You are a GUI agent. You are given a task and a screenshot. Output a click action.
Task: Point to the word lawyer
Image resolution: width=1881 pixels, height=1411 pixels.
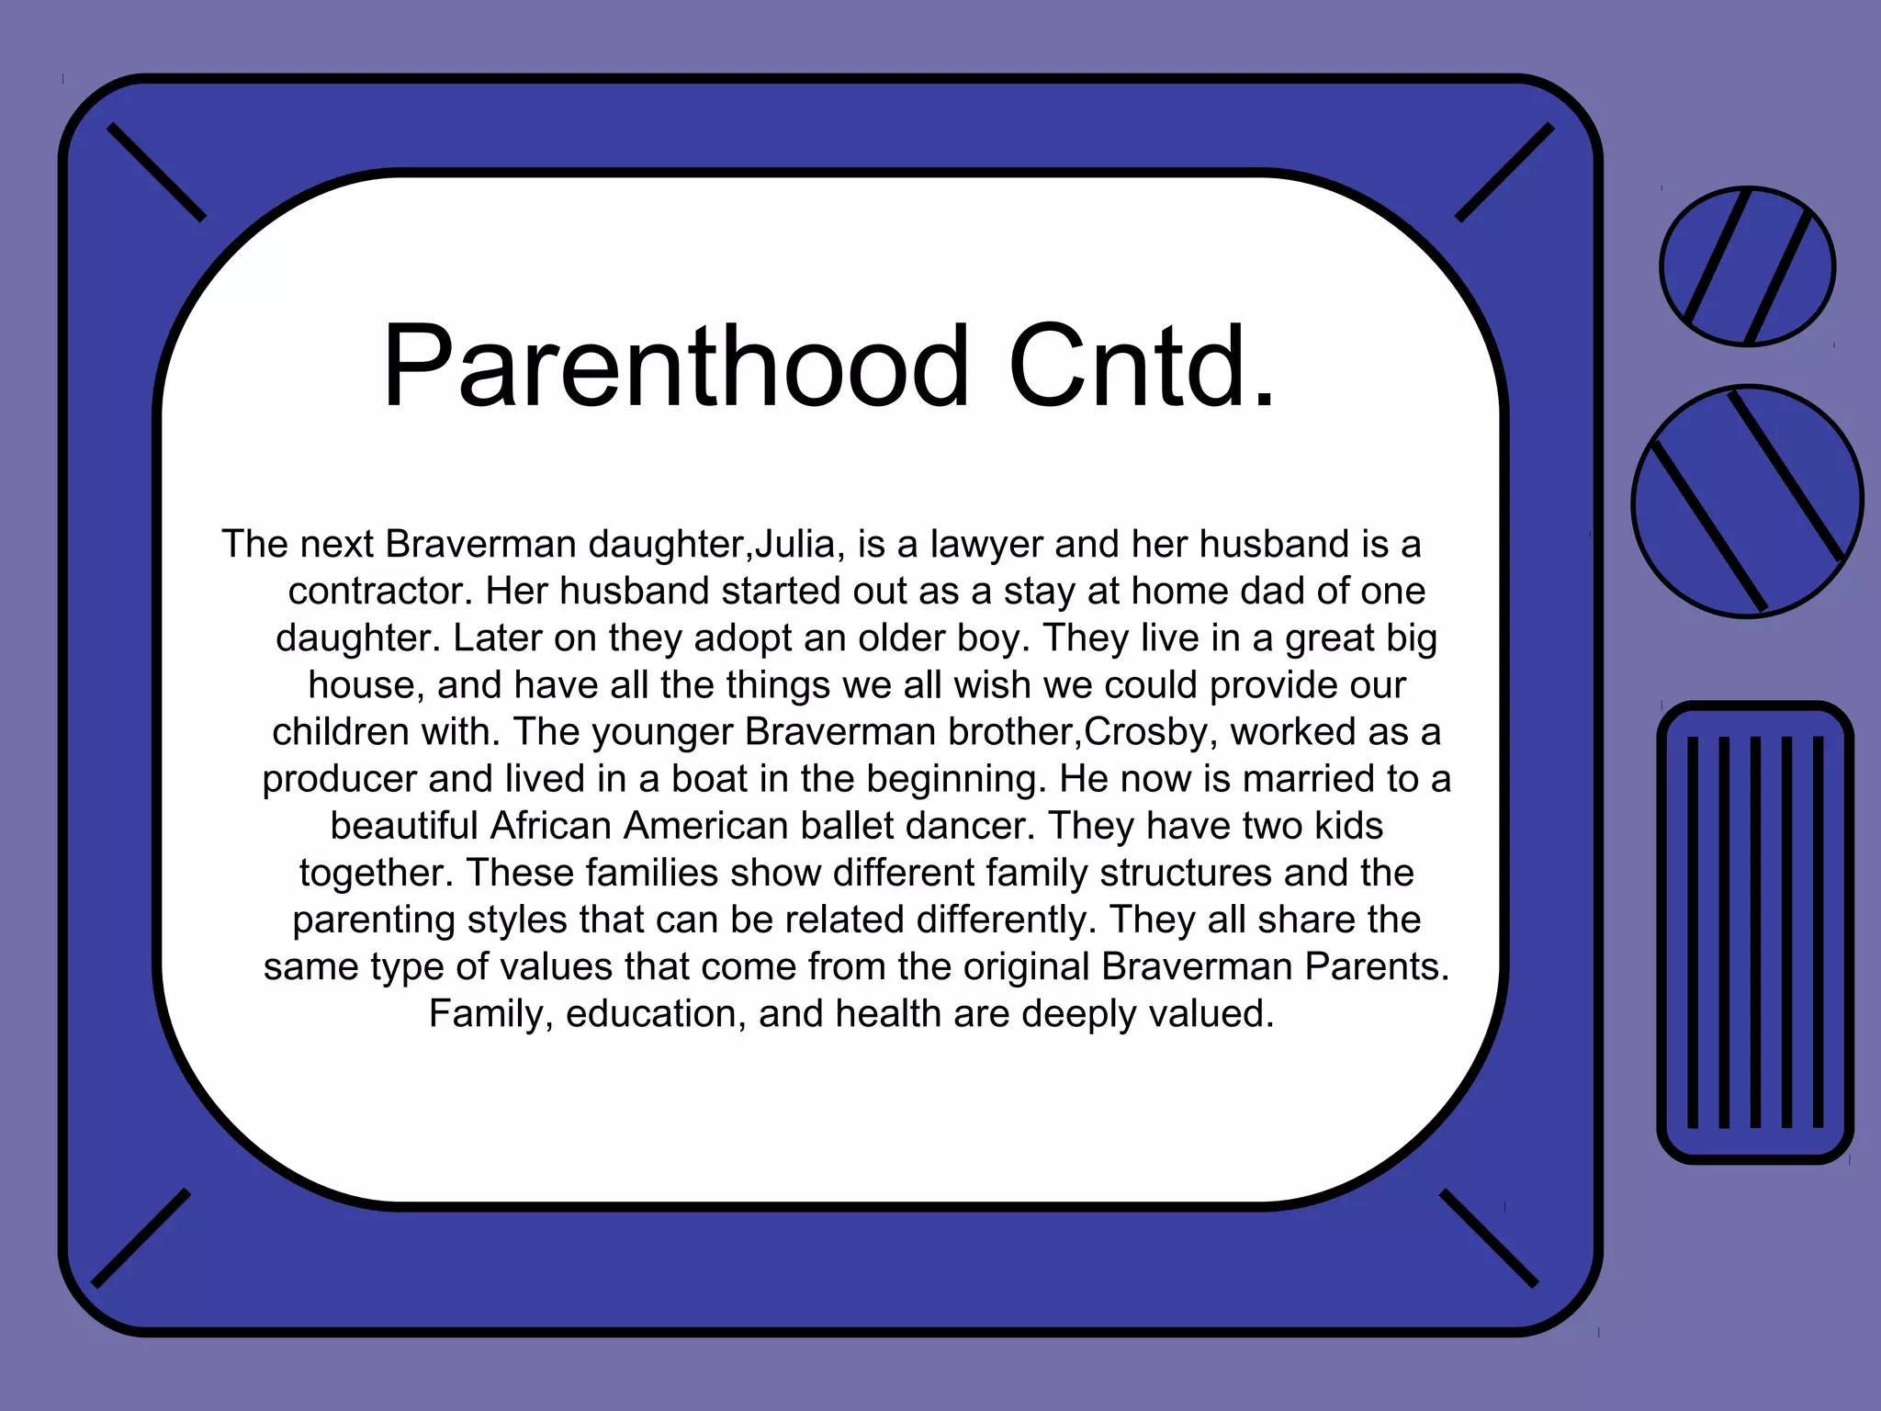tap(986, 545)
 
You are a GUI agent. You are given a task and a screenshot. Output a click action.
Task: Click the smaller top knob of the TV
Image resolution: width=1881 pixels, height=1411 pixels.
tap(1747, 266)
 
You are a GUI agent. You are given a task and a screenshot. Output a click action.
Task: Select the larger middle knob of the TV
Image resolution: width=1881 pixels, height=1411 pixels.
tap(1747, 502)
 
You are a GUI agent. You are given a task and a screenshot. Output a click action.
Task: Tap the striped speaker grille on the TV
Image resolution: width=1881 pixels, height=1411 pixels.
tap(1755, 931)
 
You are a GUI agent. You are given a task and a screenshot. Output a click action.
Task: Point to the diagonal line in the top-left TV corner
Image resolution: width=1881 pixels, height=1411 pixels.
tap(156, 173)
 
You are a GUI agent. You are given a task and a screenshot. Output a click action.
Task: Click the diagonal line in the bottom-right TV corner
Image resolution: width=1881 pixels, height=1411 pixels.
tap(1488, 1237)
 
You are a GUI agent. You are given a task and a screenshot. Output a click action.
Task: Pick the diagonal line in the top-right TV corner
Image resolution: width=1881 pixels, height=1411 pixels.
tap(1504, 173)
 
